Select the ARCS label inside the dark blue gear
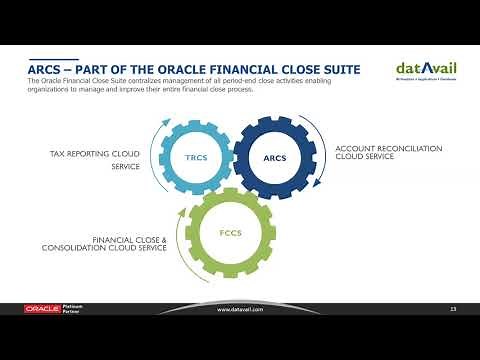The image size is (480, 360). point(274,157)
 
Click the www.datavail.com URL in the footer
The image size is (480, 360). point(240,309)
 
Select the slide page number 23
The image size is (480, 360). point(453,309)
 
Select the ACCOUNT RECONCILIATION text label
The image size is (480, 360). point(386,148)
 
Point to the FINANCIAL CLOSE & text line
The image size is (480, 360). point(130,240)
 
